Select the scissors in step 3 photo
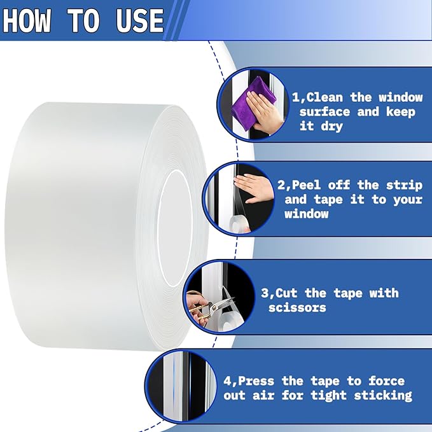pos(206,309)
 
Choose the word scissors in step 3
pos(296,307)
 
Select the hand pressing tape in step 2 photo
pos(253,188)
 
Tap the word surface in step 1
pos(324,112)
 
